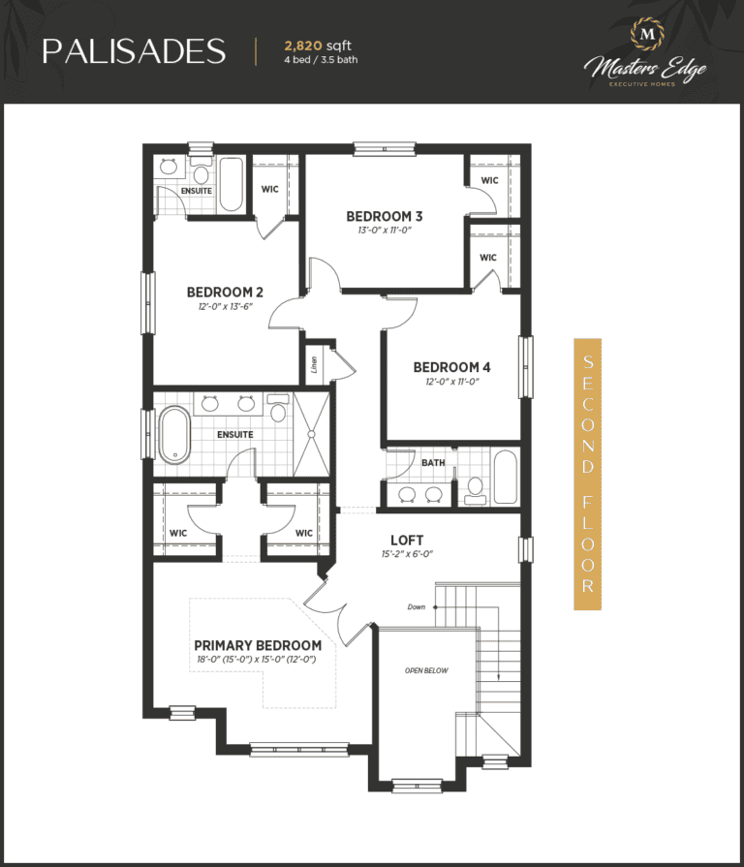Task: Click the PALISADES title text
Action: pos(134,51)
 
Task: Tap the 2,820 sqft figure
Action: pos(318,46)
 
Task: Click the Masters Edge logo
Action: pos(645,53)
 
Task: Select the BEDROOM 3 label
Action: pos(385,216)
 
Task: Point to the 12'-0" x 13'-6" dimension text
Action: pos(225,306)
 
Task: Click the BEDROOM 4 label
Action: pos(451,367)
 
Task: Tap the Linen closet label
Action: pos(314,364)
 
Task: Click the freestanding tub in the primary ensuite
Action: pos(174,435)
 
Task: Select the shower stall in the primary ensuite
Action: pos(311,434)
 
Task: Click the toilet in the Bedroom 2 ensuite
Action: pos(201,171)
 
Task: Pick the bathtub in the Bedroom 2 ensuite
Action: pos(232,185)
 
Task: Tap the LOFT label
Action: pos(407,541)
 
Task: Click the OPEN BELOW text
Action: pos(426,670)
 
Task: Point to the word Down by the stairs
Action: pos(417,606)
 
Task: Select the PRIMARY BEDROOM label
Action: pos(258,645)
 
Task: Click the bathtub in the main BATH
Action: pos(506,478)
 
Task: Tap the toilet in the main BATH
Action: pos(476,491)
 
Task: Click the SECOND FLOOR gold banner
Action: pos(588,474)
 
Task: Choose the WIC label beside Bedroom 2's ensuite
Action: pos(269,189)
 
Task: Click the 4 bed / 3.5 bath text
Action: pos(321,60)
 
